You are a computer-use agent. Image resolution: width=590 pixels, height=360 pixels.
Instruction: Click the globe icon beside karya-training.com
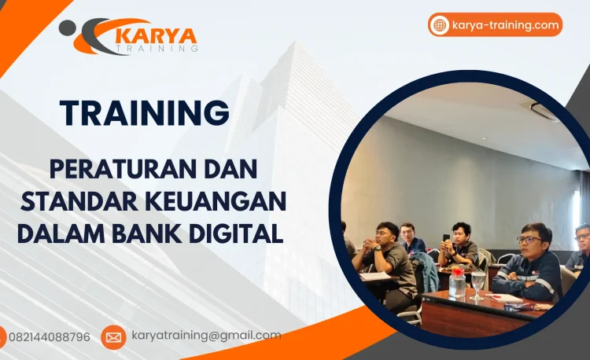(x=440, y=25)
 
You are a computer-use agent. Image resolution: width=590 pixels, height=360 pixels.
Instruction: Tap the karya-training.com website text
(x=506, y=25)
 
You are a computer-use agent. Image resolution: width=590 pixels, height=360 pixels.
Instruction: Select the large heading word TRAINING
(x=144, y=112)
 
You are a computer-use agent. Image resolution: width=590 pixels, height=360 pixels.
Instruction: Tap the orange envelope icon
(x=113, y=337)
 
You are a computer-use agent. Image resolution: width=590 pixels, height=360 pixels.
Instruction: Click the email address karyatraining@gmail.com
(x=205, y=336)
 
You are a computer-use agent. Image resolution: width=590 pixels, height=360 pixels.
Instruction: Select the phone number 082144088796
(x=50, y=337)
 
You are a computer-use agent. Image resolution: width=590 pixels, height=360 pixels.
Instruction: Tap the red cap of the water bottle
(x=456, y=271)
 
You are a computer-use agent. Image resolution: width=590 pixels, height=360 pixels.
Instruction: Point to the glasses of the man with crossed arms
(x=529, y=240)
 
